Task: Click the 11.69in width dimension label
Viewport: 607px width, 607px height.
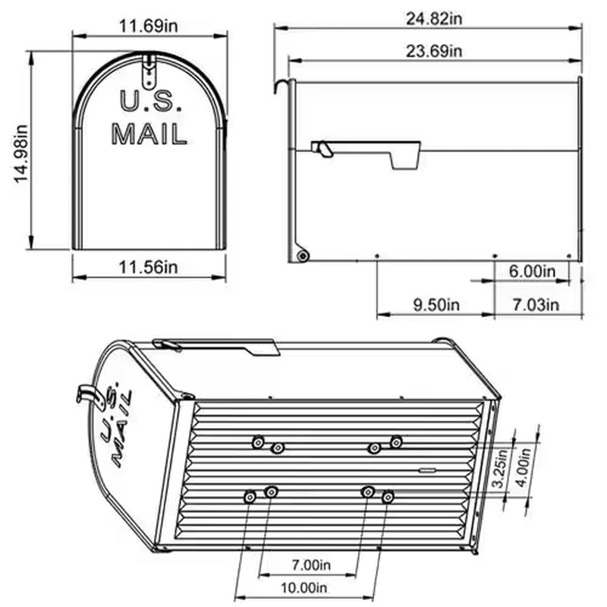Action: (x=149, y=27)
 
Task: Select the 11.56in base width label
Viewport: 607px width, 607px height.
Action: (x=149, y=267)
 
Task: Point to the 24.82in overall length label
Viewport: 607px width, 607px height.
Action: (x=429, y=18)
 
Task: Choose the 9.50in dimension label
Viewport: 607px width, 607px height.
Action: (x=436, y=305)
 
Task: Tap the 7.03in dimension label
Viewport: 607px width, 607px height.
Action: (x=536, y=305)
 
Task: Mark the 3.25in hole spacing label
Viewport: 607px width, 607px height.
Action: (x=498, y=470)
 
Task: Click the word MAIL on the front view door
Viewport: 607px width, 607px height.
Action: (x=149, y=134)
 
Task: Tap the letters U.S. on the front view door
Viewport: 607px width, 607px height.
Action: (x=149, y=101)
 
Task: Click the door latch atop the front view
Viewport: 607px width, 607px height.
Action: (x=149, y=68)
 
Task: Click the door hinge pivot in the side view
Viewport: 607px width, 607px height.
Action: (x=303, y=256)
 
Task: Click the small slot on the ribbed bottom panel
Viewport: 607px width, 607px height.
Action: (x=428, y=470)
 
